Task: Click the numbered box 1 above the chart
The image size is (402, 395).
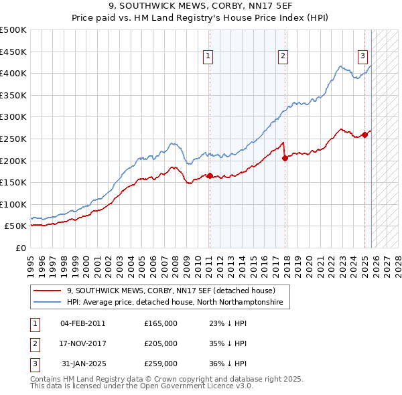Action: pos(209,56)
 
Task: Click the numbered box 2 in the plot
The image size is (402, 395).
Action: pos(283,56)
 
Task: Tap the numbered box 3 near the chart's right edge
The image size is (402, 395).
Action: pos(362,56)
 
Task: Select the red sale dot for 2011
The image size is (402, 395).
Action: pos(210,176)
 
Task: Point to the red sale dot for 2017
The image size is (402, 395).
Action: pos(285,159)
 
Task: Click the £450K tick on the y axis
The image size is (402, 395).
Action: pos(13,52)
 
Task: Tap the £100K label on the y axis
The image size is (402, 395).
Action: pos(13,204)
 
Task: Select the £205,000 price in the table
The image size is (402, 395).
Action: pos(161,343)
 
